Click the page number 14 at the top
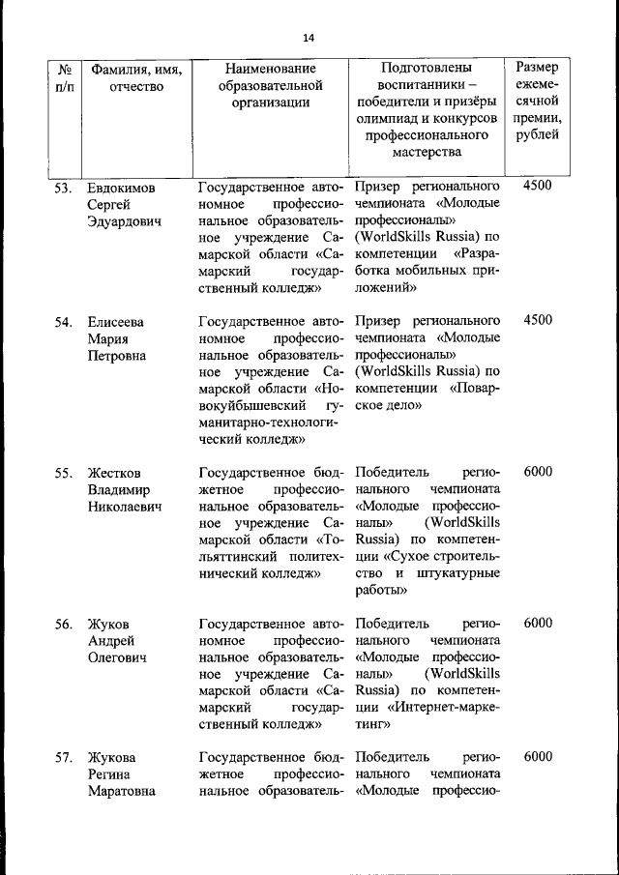pos(309,38)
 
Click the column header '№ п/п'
pos(65,78)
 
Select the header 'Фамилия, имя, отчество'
pos(136,78)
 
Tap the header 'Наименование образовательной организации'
pos(270,88)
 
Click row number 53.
pos(64,187)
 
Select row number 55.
pos(64,473)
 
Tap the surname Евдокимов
pos(121,187)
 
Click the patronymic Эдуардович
pos(124,221)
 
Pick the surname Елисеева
pos(115,321)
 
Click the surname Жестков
pos(114,473)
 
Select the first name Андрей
pos(109,642)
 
